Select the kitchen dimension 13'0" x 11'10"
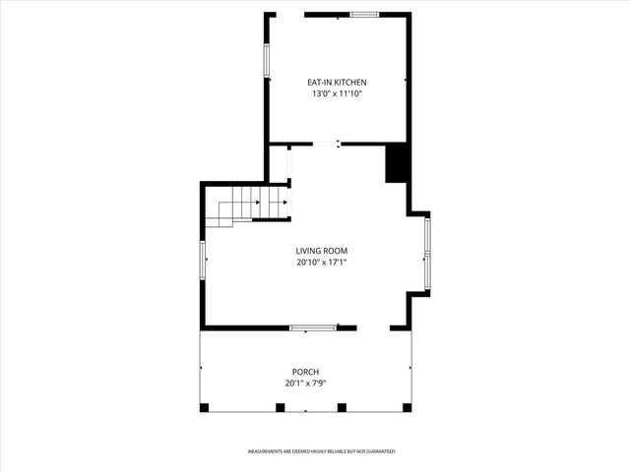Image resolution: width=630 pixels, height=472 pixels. (336, 94)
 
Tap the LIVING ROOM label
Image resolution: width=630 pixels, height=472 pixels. (322, 251)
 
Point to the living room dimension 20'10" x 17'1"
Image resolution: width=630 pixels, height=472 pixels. (322, 263)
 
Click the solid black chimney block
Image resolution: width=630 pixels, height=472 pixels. (397, 162)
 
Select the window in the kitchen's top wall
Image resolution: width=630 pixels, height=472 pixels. (364, 15)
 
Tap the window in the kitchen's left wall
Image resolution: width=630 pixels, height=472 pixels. (265, 60)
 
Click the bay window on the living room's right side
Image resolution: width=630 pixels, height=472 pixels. (426, 254)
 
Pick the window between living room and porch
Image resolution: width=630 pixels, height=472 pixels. (312, 327)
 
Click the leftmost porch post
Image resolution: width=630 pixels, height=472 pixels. (204, 407)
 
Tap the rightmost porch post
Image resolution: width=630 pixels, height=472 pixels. (409, 407)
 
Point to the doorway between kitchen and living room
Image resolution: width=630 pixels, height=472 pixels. (326, 145)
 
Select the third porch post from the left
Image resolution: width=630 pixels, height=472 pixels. (342, 407)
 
